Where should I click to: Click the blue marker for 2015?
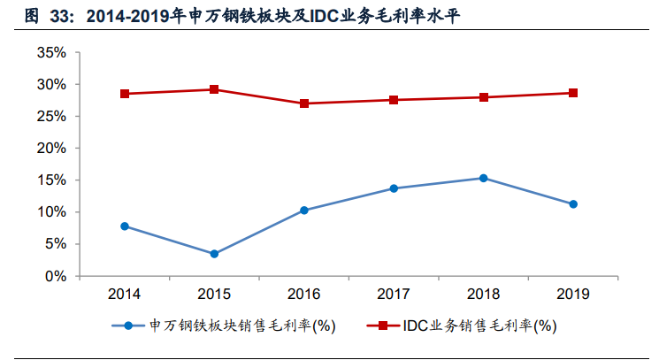tap(214, 254)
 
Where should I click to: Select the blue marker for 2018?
tap(483, 178)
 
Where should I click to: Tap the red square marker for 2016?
tap(304, 103)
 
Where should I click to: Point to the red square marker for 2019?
tap(573, 93)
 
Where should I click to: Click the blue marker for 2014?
tap(125, 226)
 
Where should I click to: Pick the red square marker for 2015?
tap(214, 89)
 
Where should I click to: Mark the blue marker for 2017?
tap(394, 188)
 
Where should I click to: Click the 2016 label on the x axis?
tap(304, 293)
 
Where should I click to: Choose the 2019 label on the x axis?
tap(573, 293)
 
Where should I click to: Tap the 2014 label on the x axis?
tap(125, 293)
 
